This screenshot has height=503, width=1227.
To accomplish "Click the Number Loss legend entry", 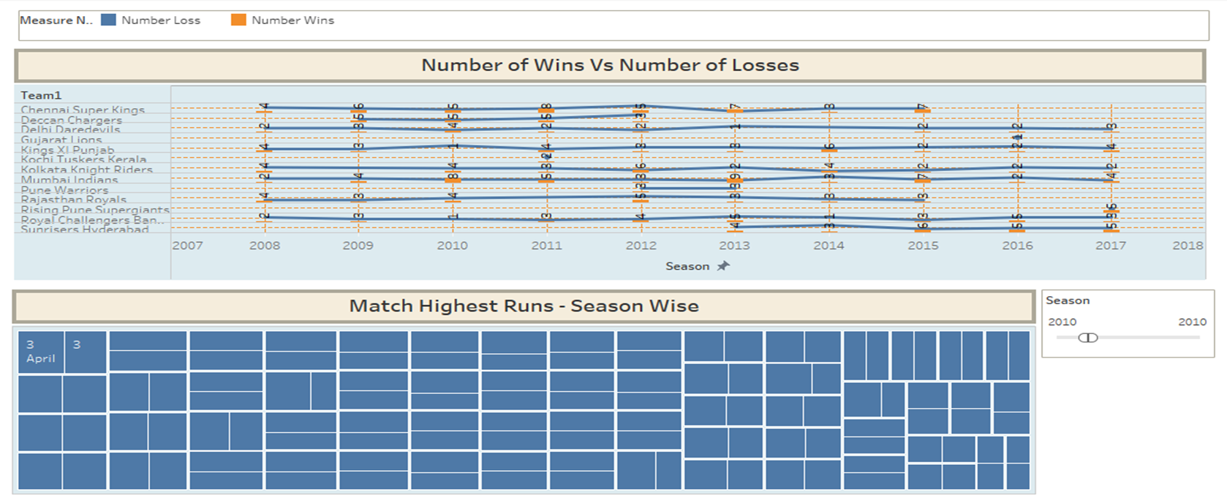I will point(160,20).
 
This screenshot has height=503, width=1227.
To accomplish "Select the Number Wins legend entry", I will point(292,20).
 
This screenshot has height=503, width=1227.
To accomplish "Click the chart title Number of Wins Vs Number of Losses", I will point(610,65).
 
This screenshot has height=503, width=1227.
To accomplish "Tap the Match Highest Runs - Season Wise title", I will point(524,306).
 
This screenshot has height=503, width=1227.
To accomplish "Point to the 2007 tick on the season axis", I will point(187,246).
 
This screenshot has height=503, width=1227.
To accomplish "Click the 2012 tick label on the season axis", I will point(641,246).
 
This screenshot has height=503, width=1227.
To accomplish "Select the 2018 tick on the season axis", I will point(1188,246).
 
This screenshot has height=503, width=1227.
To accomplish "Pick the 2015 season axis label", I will point(923,246).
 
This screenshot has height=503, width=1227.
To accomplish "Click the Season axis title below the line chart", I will point(687,266).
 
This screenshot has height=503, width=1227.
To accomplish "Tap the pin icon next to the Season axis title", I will point(723,265).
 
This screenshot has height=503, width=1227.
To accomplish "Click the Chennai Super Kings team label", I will point(83,110).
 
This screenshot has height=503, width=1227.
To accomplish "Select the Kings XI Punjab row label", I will point(67,150).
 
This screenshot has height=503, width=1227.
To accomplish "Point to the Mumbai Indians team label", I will point(69,180).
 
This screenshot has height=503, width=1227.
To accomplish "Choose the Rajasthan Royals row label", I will point(74,200).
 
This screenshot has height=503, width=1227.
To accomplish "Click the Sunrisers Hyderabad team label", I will point(85,230).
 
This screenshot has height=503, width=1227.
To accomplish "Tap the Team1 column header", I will point(41,95).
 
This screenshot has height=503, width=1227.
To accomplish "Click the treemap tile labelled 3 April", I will point(40,352).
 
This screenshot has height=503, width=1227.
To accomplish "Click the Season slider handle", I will point(1088,337).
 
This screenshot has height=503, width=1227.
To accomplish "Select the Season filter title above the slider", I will point(1068,300).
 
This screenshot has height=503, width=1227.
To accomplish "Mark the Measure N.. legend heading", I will point(56,20).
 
